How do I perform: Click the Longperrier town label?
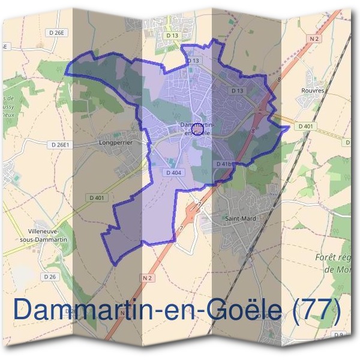(x=115, y=144)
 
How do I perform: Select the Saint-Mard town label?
(x=240, y=218)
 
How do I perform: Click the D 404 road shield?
(x=172, y=173)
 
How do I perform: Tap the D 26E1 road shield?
(x=61, y=145)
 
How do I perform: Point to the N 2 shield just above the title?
(x=149, y=278)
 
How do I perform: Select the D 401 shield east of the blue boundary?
(x=305, y=126)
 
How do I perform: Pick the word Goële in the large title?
(x=238, y=309)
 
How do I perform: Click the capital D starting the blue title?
(x=24, y=309)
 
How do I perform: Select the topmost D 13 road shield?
(x=172, y=35)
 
